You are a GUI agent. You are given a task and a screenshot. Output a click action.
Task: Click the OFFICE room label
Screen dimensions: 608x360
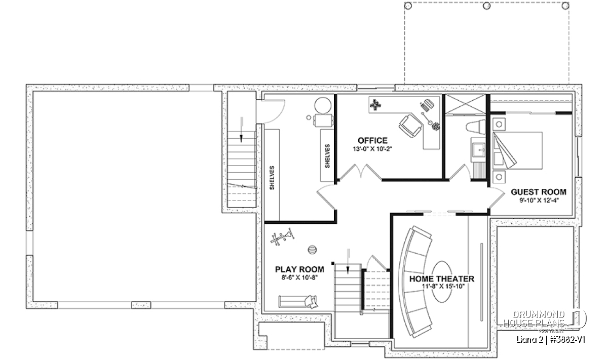(x=372, y=141)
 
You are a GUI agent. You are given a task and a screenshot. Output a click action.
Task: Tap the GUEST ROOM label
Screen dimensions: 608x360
(x=539, y=192)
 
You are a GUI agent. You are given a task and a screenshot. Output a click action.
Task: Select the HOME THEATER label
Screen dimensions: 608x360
(x=442, y=278)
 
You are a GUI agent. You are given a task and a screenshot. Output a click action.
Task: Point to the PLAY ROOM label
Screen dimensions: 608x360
(x=299, y=269)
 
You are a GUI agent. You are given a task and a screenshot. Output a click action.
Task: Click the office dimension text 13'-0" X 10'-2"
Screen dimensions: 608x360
(x=372, y=149)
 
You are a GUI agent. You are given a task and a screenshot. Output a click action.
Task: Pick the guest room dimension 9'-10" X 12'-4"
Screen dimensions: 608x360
(x=539, y=201)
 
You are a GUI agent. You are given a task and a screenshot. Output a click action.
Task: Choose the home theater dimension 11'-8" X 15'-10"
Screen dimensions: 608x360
(x=442, y=287)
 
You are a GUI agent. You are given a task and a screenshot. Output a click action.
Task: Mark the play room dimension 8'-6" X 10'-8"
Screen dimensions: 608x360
(x=299, y=277)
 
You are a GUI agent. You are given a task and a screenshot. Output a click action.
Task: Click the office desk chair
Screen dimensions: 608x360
(x=410, y=126)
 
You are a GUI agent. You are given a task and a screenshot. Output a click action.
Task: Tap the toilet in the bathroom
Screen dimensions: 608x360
(x=476, y=127)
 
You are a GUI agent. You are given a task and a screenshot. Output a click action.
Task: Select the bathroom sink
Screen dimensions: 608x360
(x=479, y=150)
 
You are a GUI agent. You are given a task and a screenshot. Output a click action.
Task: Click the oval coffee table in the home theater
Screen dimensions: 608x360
(x=442, y=282)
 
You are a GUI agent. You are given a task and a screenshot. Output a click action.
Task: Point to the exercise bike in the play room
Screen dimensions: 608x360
(x=282, y=237)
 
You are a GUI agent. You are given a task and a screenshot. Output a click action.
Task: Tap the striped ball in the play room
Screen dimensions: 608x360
(x=313, y=250)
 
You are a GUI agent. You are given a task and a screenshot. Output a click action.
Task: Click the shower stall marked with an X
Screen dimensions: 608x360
(x=466, y=104)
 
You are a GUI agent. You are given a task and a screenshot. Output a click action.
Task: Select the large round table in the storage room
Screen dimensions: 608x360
(x=323, y=105)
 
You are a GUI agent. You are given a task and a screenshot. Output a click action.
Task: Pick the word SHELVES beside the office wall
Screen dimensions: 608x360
(x=327, y=156)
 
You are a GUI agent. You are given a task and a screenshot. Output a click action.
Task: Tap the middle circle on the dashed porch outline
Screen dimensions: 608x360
(x=487, y=6)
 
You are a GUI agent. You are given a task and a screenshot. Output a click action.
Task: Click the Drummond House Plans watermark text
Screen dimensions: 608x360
(x=534, y=319)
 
